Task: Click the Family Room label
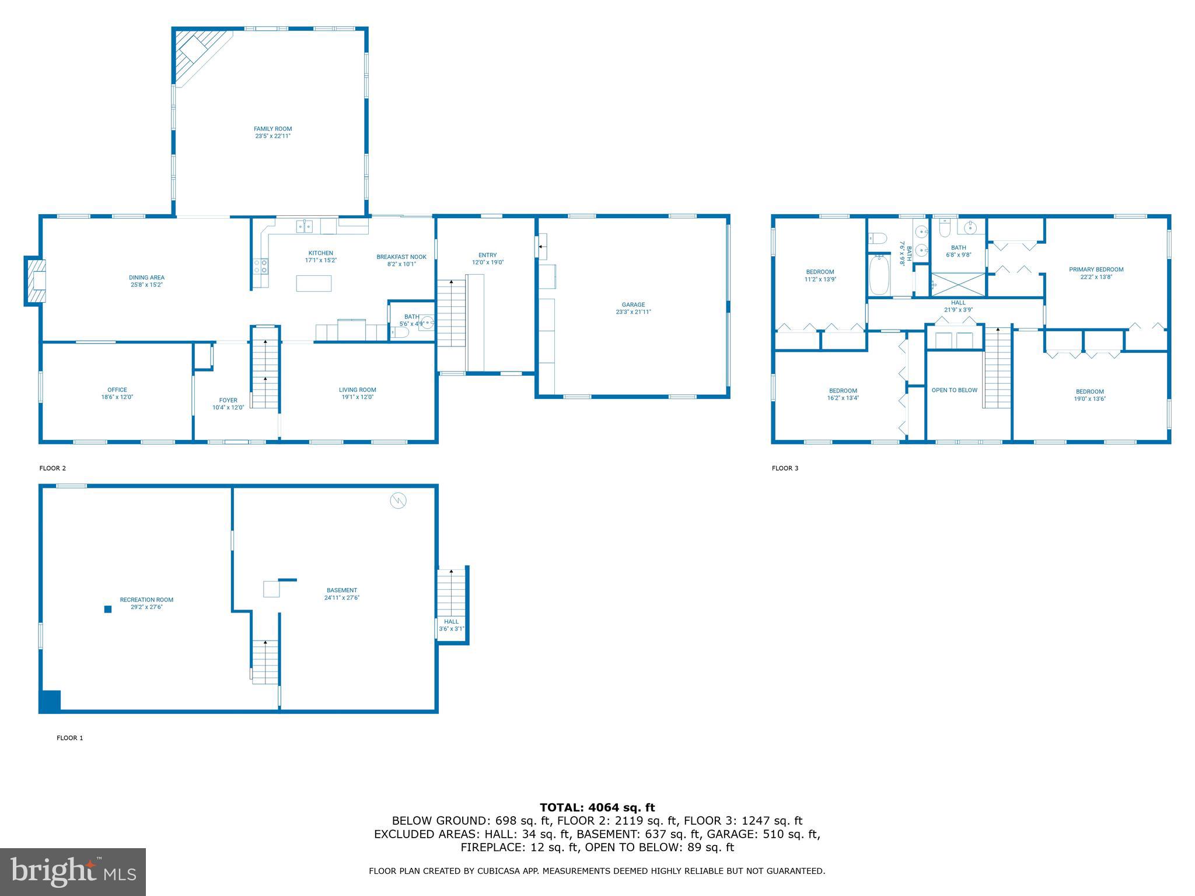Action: click(x=272, y=129)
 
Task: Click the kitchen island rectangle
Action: click(x=314, y=283)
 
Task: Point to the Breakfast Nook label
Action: click(x=401, y=257)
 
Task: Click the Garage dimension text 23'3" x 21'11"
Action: click(x=633, y=312)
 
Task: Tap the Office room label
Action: click(x=117, y=390)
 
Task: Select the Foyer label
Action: click(x=228, y=400)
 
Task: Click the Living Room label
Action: click(x=358, y=390)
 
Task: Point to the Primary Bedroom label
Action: click(x=1096, y=269)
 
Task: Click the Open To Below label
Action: click(x=954, y=390)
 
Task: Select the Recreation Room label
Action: click(x=146, y=600)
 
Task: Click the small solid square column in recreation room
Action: click(x=108, y=610)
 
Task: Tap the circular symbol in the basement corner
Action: click(x=399, y=501)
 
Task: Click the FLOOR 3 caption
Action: click(x=785, y=468)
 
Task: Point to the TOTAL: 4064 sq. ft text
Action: click(x=597, y=807)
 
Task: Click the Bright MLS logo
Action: click(x=73, y=871)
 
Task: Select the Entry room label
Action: click(x=487, y=255)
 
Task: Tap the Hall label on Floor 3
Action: click(x=958, y=303)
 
